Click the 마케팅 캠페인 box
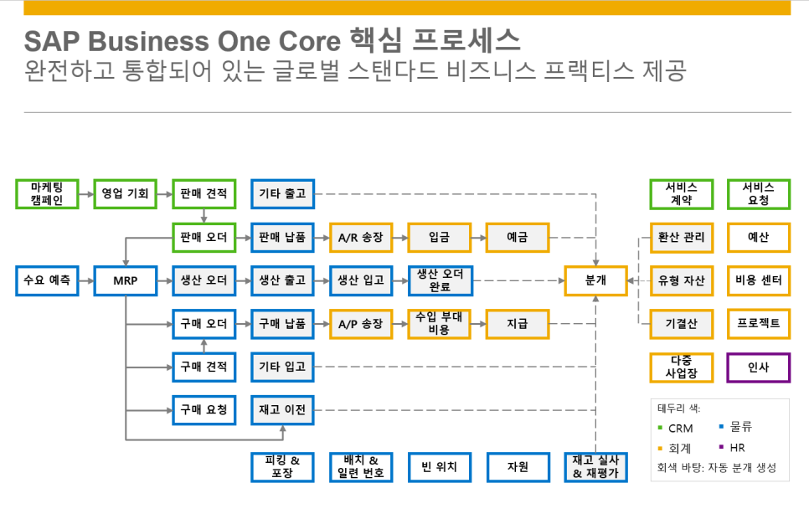click(x=47, y=194)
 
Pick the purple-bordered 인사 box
click(x=758, y=367)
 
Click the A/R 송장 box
click(x=361, y=238)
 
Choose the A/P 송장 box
click(x=361, y=324)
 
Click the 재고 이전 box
click(x=282, y=410)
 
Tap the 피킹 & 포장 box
click(x=282, y=467)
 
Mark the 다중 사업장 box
click(x=681, y=367)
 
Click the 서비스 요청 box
click(x=758, y=194)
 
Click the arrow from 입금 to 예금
click(x=477, y=238)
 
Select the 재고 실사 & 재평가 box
click(x=595, y=467)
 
